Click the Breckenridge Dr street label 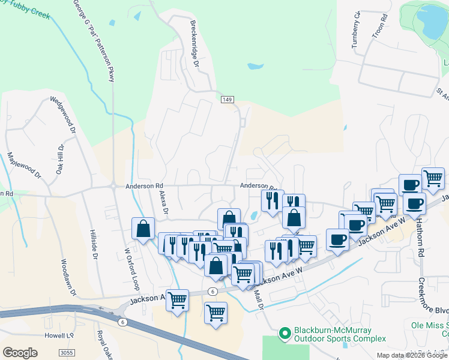(x=193, y=41)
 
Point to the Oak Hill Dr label (x=60, y=159)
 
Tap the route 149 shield (x=226, y=99)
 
